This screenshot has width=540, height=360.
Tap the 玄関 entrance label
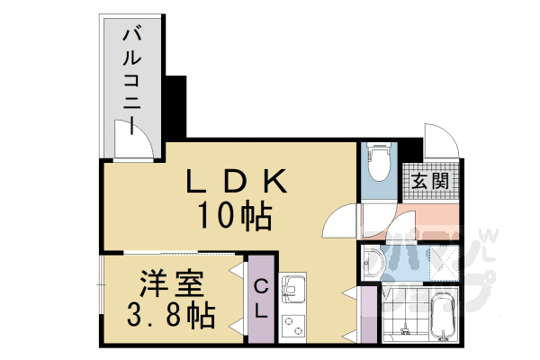click(430, 180)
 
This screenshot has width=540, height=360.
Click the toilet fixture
click(378, 163)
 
